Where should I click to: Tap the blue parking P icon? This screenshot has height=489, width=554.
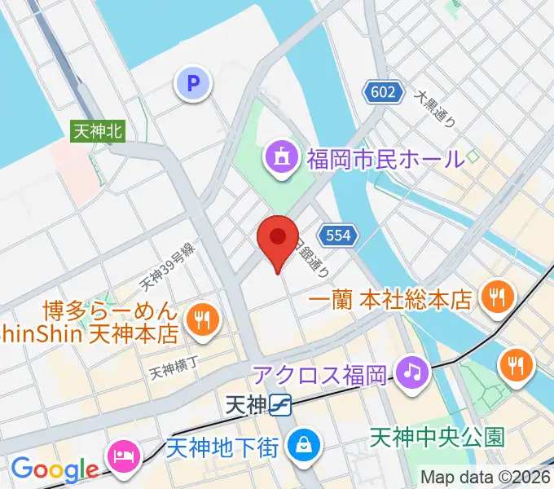tap(193, 82)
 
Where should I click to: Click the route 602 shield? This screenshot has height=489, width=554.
tap(383, 92)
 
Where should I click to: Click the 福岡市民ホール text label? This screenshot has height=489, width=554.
tap(385, 157)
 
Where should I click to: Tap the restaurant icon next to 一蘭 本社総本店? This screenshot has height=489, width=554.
tap(495, 295)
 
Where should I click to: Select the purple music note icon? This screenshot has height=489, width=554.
tap(412, 372)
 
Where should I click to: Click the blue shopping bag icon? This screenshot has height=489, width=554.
tap(303, 443)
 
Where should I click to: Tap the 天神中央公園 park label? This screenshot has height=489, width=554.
tap(437, 437)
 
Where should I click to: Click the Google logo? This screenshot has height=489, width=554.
tap(55, 469)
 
